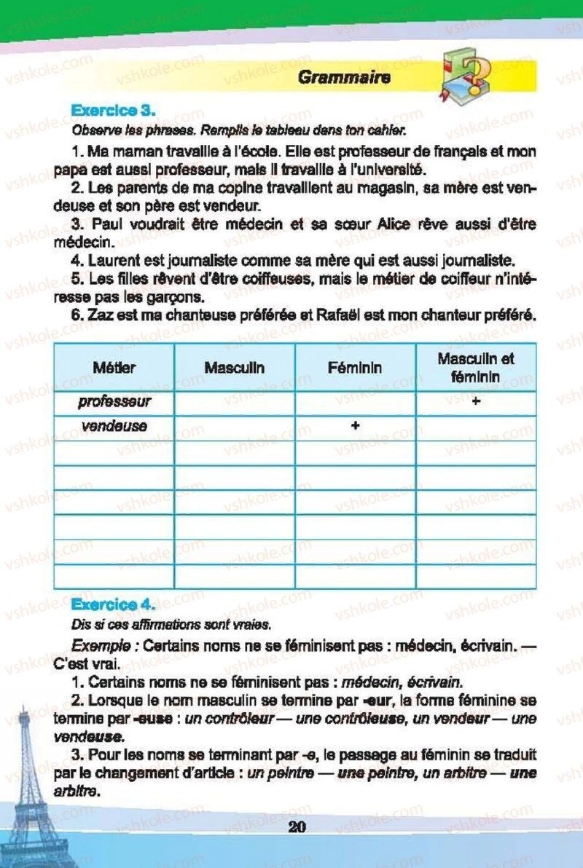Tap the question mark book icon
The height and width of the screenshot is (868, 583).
point(466,73)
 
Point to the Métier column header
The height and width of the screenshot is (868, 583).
point(114,368)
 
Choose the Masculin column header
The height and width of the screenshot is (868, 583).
point(235,368)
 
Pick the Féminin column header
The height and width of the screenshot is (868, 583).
point(355,368)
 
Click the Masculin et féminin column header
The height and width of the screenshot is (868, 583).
point(476,367)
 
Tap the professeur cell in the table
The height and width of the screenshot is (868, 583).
point(114,401)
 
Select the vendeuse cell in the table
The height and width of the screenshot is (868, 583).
point(114,426)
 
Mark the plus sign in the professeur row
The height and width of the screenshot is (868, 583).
point(476,401)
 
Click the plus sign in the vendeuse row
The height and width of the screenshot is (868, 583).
point(355,426)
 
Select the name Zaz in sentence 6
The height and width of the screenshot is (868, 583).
point(101,316)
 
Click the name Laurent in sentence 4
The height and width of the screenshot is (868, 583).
point(114,259)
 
